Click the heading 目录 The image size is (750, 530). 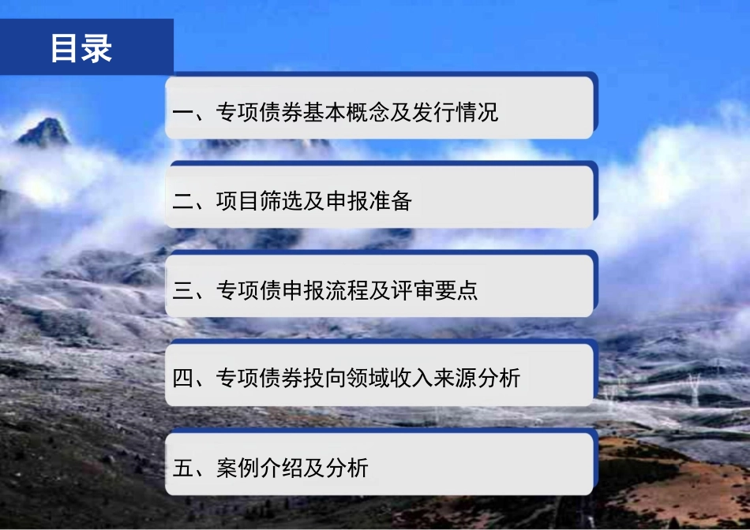(81, 48)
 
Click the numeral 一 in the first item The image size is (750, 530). (183, 113)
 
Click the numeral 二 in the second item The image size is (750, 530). (183, 202)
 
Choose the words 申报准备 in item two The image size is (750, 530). (368, 202)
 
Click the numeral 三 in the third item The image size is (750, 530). (183, 291)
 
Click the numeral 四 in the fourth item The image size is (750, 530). (183, 379)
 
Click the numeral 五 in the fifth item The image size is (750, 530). (183, 468)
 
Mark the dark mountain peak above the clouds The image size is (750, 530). (46, 132)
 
